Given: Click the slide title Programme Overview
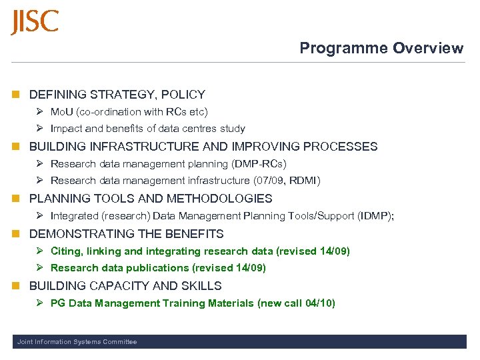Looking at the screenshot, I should click(x=381, y=48).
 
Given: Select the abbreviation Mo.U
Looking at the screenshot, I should click(x=63, y=112).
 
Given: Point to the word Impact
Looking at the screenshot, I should click(x=65, y=129).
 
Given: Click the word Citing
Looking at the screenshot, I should click(x=65, y=251).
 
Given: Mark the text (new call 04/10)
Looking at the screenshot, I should click(x=296, y=303).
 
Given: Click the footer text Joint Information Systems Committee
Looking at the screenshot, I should click(x=77, y=342).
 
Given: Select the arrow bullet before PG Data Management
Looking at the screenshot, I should click(x=40, y=303).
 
